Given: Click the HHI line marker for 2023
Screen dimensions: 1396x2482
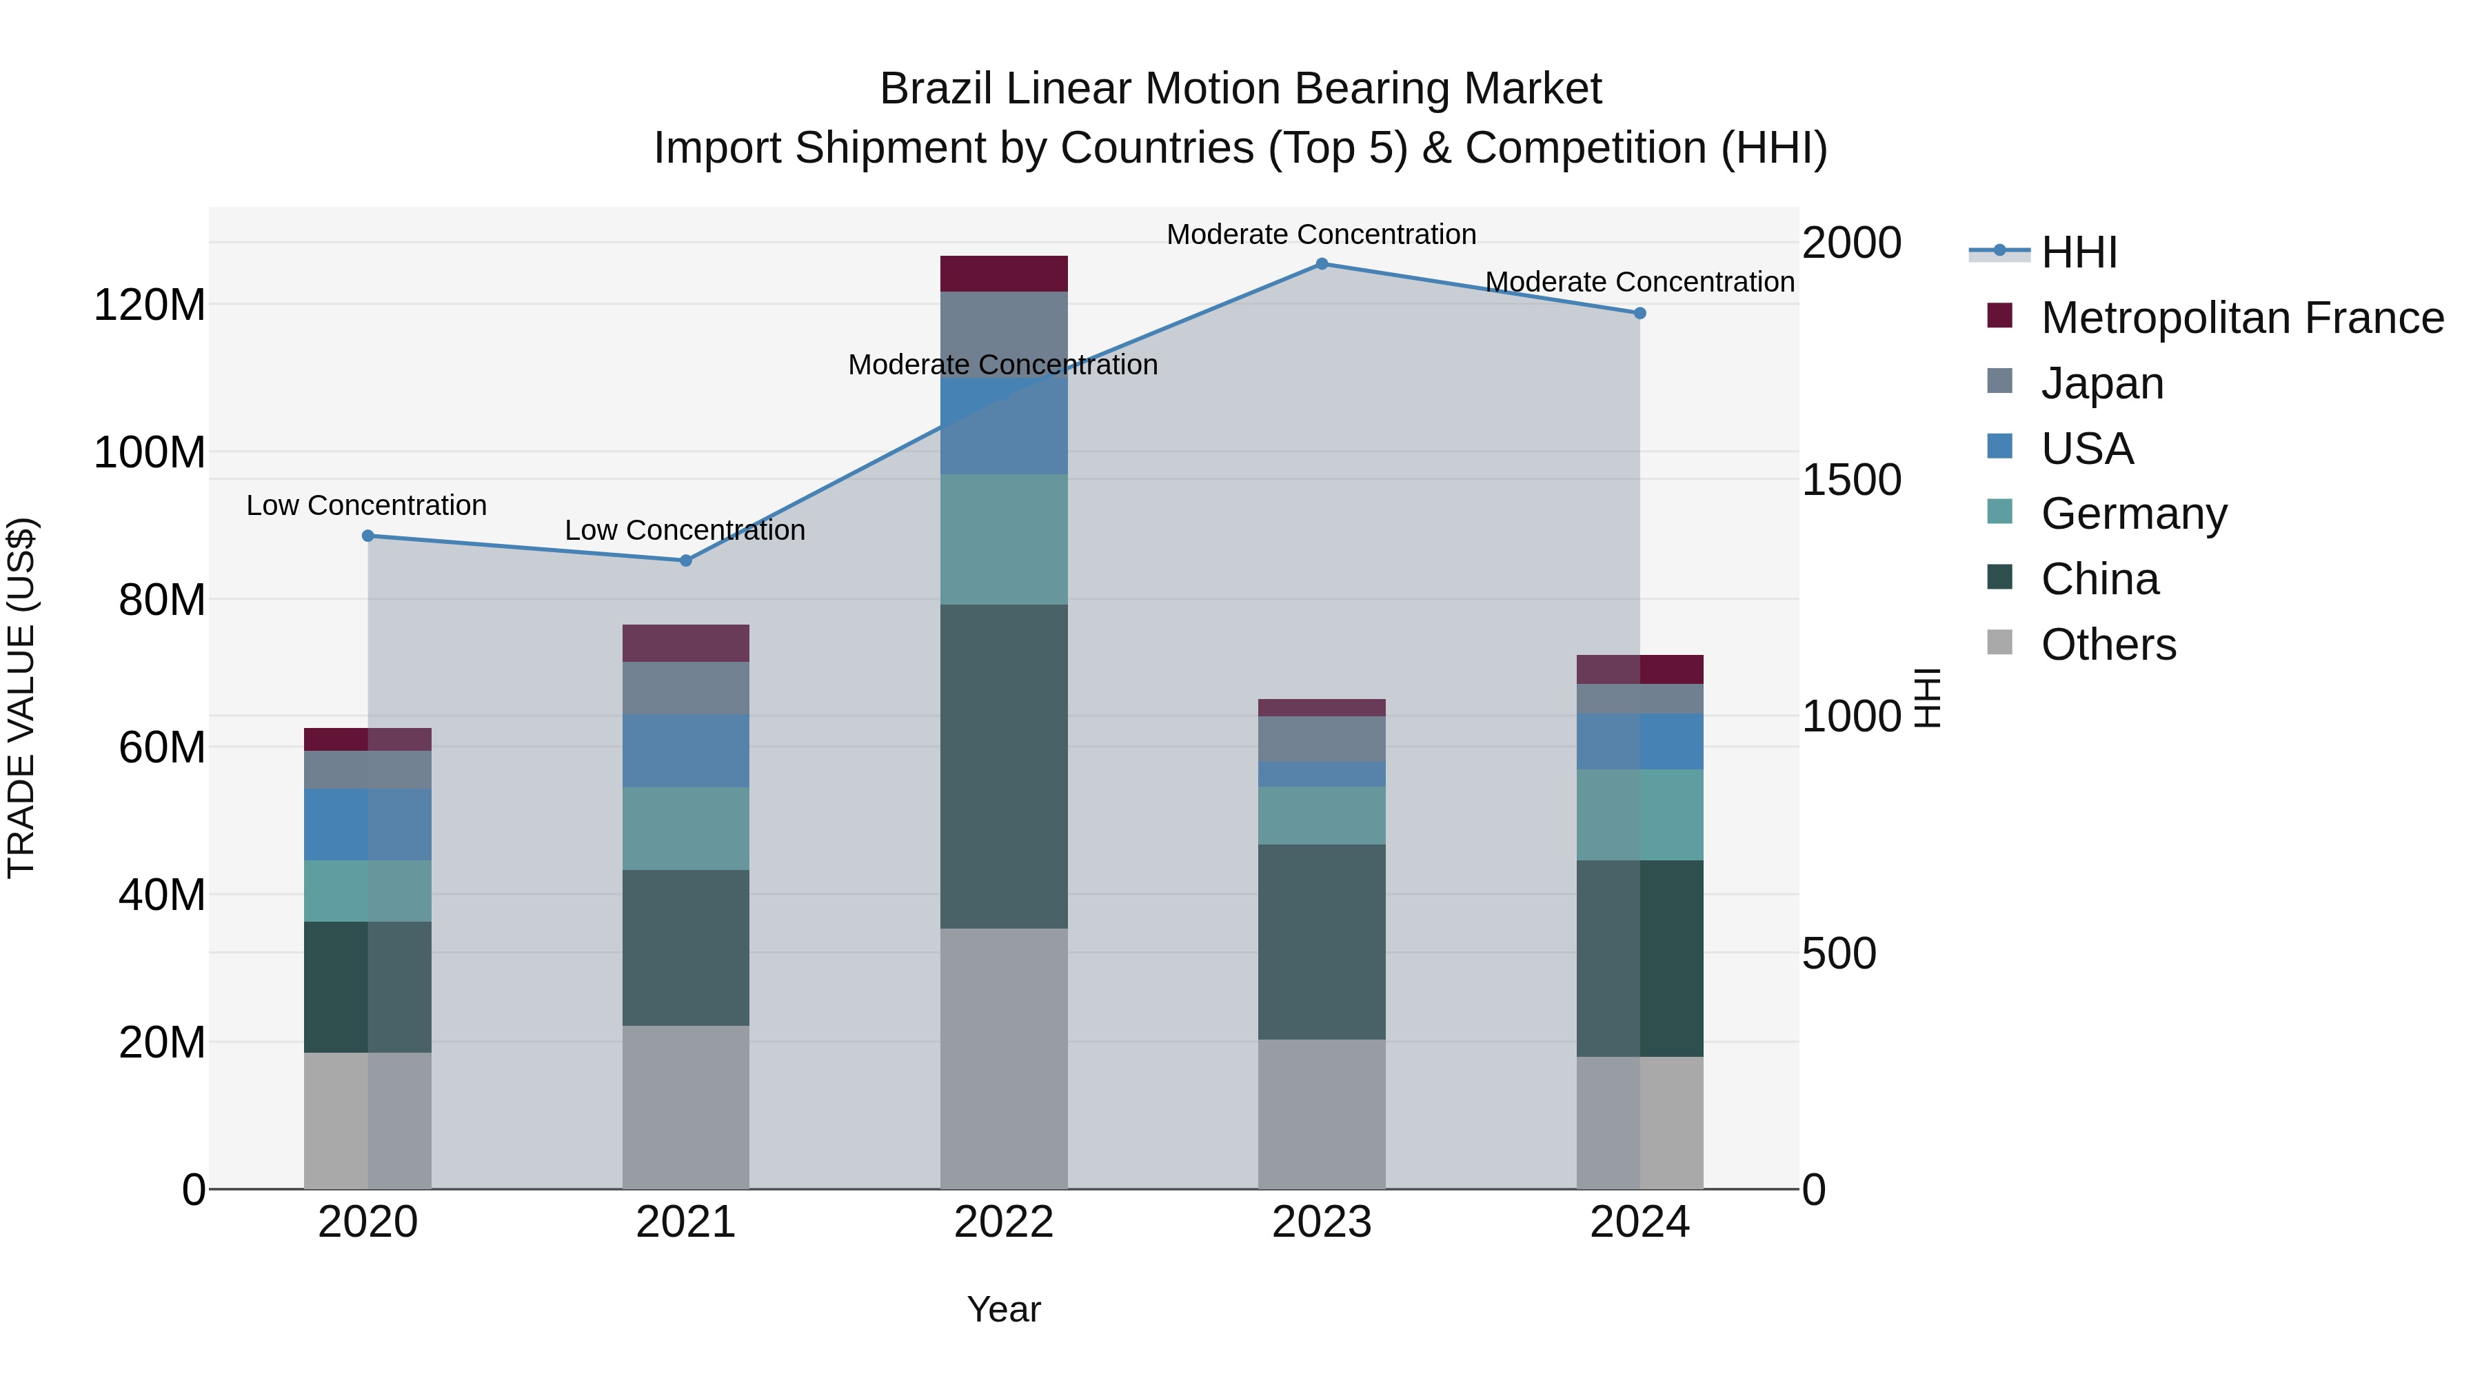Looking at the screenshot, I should coord(1322,264).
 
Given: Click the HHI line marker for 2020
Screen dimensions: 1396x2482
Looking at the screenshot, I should coord(368,536).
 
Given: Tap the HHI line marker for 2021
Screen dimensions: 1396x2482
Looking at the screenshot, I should coord(686,560).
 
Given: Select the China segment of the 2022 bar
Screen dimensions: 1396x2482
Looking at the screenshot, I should coord(1004,766).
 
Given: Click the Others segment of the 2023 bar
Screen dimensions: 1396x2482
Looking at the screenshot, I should coord(1322,1114).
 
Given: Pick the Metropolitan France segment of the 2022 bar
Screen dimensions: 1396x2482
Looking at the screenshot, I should coord(1004,274).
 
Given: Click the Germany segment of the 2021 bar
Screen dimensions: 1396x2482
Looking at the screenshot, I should coord(686,829).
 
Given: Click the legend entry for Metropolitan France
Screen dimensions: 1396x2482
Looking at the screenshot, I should coord(2241,318).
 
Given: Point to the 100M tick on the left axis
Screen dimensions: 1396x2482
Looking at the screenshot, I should coord(150,452).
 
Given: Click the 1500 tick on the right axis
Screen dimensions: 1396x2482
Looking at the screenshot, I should coord(1851,480).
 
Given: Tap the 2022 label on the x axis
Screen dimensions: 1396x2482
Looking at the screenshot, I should coord(1004,1222).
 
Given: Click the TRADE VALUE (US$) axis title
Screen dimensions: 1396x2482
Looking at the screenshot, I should coord(21,698).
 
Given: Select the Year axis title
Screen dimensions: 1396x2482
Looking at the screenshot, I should coord(1004,1309).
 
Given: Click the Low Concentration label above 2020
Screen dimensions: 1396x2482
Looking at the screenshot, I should coord(366,506).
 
